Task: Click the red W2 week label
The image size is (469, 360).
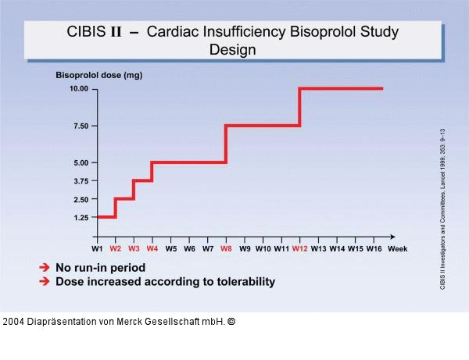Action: [116, 249]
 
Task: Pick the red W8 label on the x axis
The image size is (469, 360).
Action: [226, 249]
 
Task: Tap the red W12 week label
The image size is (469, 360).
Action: [299, 249]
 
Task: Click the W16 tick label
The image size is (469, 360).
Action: [374, 249]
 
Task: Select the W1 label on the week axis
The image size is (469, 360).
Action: [97, 249]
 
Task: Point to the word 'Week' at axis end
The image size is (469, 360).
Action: [398, 249]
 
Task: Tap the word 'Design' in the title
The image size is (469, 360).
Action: [232, 49]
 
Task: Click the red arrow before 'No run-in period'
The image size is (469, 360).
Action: [45, 267]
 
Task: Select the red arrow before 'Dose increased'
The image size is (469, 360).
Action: [45, 281]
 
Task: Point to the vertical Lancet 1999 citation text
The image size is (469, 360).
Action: [443, 209]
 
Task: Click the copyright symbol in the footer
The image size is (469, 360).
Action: [230, 321]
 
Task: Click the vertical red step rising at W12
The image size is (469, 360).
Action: [299, 107]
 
